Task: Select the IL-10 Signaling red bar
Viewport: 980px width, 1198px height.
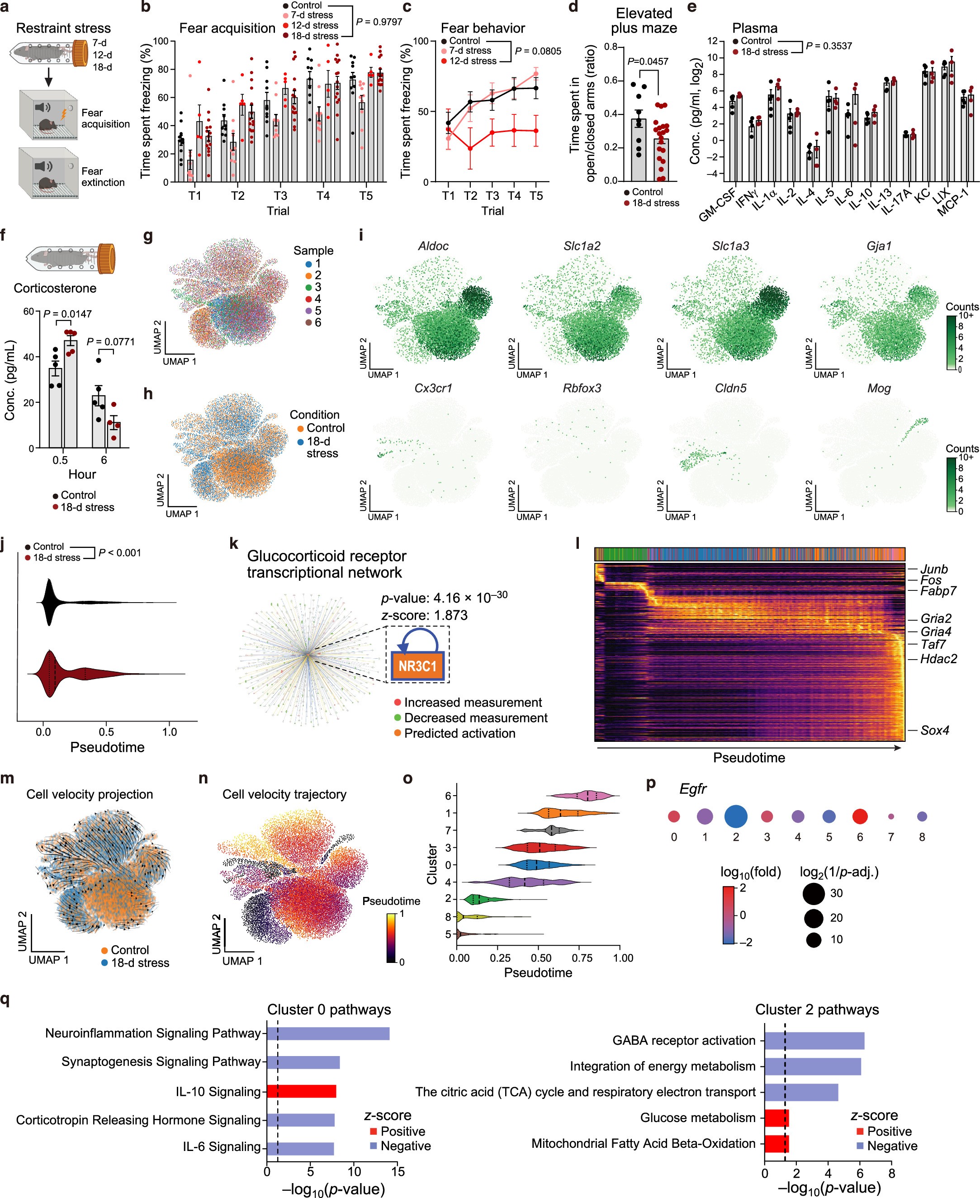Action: pyautogui.click(x=302, y=1091)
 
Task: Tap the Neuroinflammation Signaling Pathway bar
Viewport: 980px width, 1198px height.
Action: pyautogui.click(x=328, y=1033)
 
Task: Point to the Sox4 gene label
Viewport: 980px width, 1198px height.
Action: pyautogui.click(x=934, y=730)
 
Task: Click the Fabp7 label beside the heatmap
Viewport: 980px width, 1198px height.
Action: pyautogui.click(x=937, y=591)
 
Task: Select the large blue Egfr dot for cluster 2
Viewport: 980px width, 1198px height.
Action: pyautogui.click(x=735, y=816)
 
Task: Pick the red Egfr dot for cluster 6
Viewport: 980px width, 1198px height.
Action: pyautogui.click(x=859, y=816)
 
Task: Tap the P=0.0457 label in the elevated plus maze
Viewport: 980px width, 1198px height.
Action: pyautogui.click(x=648, y=61)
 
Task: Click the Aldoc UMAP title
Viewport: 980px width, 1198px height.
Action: pyautogui.click(x=433, y=246)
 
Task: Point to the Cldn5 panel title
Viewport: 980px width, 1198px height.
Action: pyautogui.click(x=730, y=388)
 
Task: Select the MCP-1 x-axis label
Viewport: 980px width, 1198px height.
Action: pyautogui.click(x=953, y=202)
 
